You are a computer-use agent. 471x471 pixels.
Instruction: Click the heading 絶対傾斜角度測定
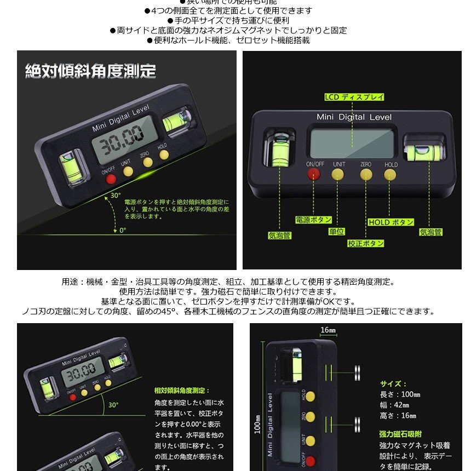90,71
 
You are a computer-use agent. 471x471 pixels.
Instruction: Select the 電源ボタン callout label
313,220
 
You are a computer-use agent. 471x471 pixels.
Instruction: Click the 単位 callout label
336,232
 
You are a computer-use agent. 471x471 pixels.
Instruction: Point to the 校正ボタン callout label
365,243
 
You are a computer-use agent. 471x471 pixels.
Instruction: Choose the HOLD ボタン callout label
390,222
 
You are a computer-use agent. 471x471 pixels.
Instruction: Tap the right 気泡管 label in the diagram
431,232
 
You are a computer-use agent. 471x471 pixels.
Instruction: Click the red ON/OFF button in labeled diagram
314,174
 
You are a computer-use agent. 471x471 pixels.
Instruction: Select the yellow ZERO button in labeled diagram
365,174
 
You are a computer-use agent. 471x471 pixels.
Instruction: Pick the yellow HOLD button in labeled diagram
390,174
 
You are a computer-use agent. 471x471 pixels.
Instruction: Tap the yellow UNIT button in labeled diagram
338,174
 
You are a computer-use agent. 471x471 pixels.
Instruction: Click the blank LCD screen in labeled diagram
351,142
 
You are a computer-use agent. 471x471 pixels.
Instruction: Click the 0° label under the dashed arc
123,230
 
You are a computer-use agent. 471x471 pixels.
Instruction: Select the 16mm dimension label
328,330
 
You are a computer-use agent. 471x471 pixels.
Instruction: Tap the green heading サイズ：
393,384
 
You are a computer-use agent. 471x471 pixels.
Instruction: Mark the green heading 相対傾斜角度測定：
182,390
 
